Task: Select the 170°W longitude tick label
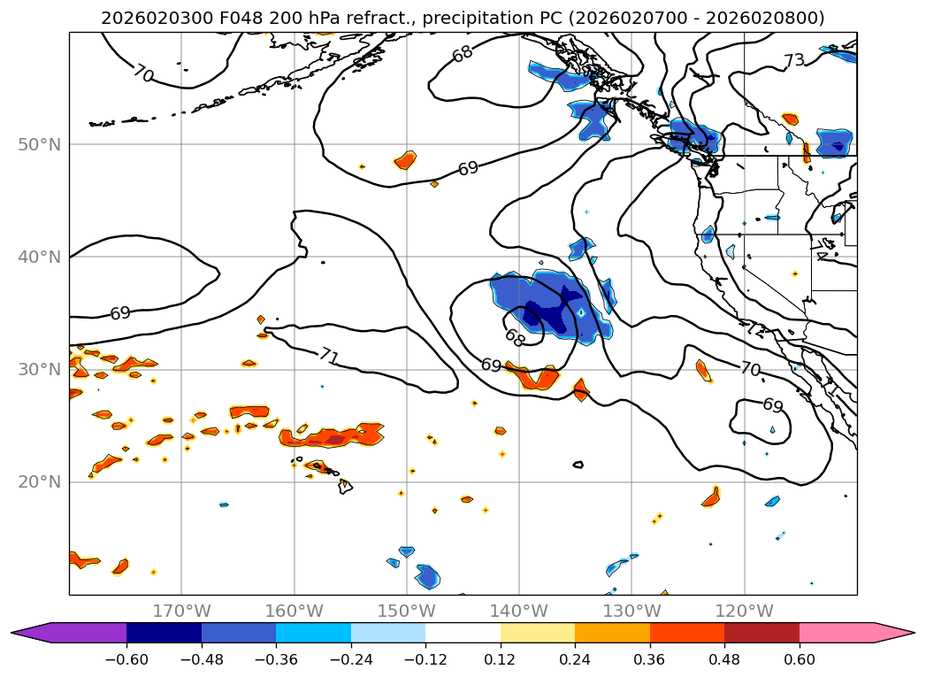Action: click(x=181, y=611)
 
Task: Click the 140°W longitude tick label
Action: click(x=519, y=611)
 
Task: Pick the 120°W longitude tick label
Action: click(x=744, y=611)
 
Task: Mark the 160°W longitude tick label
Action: click(x=294, y=611)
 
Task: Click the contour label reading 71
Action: click(x=329, y=357)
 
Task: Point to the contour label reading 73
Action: click(x=793, y=61)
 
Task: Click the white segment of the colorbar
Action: click(x=463, y=632)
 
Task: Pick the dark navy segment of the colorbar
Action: click(x=164, y=632)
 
